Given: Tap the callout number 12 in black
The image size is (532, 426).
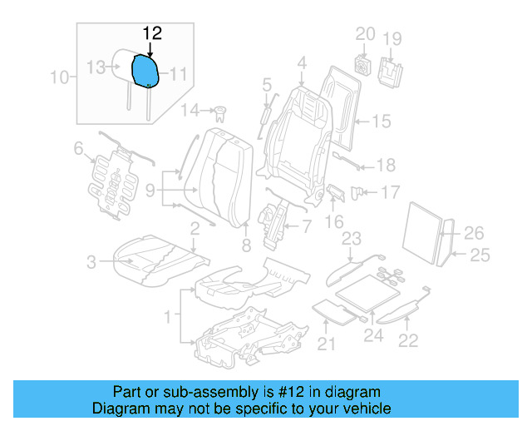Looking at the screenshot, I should coord(152,33).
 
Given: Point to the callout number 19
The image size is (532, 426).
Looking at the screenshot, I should coord(392,38).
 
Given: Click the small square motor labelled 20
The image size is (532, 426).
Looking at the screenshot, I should coord(362,64).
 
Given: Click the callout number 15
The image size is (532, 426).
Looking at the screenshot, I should coord(380,122).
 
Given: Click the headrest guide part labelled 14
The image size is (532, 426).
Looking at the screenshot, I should coord(220,111).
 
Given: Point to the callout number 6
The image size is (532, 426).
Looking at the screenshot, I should coord(79,149).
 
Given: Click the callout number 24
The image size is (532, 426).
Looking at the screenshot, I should coord(373,336).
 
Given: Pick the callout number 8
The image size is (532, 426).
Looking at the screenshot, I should coord(245,245).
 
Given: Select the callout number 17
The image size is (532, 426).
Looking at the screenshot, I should coord(390,193).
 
